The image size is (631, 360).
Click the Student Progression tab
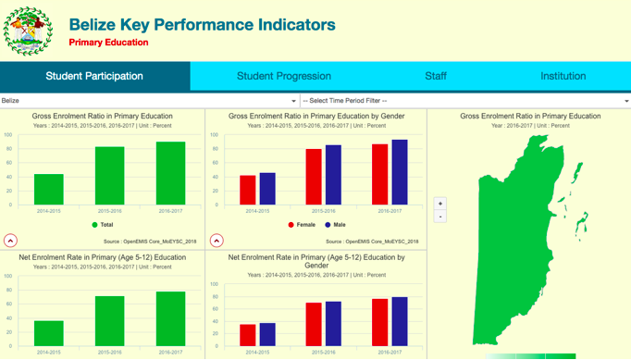pyautogui.click(x=283, y=76)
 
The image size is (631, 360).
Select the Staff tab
pyautogui.click(x=436, y=76)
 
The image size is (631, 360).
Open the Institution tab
pyautogui.click(x=563, y=76)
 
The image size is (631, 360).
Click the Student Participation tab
pyautogui.click(x=94, y=76)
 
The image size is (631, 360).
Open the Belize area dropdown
pyautogui.click(x=149, y=101)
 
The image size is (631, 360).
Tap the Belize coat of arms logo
pyautogui.click(x=28, y=31)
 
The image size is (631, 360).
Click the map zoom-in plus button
pyautogui.click(x=440, y=204)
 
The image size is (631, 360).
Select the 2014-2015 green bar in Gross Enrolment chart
pyautogui.click(x=48, y=190)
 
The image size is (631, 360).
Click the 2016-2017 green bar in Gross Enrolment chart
pyautogui.click(x=170, y=174)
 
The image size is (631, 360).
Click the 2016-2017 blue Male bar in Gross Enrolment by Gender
pyautogui.click(x=399, y=173)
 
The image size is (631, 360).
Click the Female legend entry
pyautogui.click(x=301, y=225)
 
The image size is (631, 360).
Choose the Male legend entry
pyautogui.click(x=335, y=225)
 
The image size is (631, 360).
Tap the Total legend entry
pyautogui.click(x=103, y=225)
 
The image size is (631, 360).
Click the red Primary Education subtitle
pyautogui.click(x=108, y=43)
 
